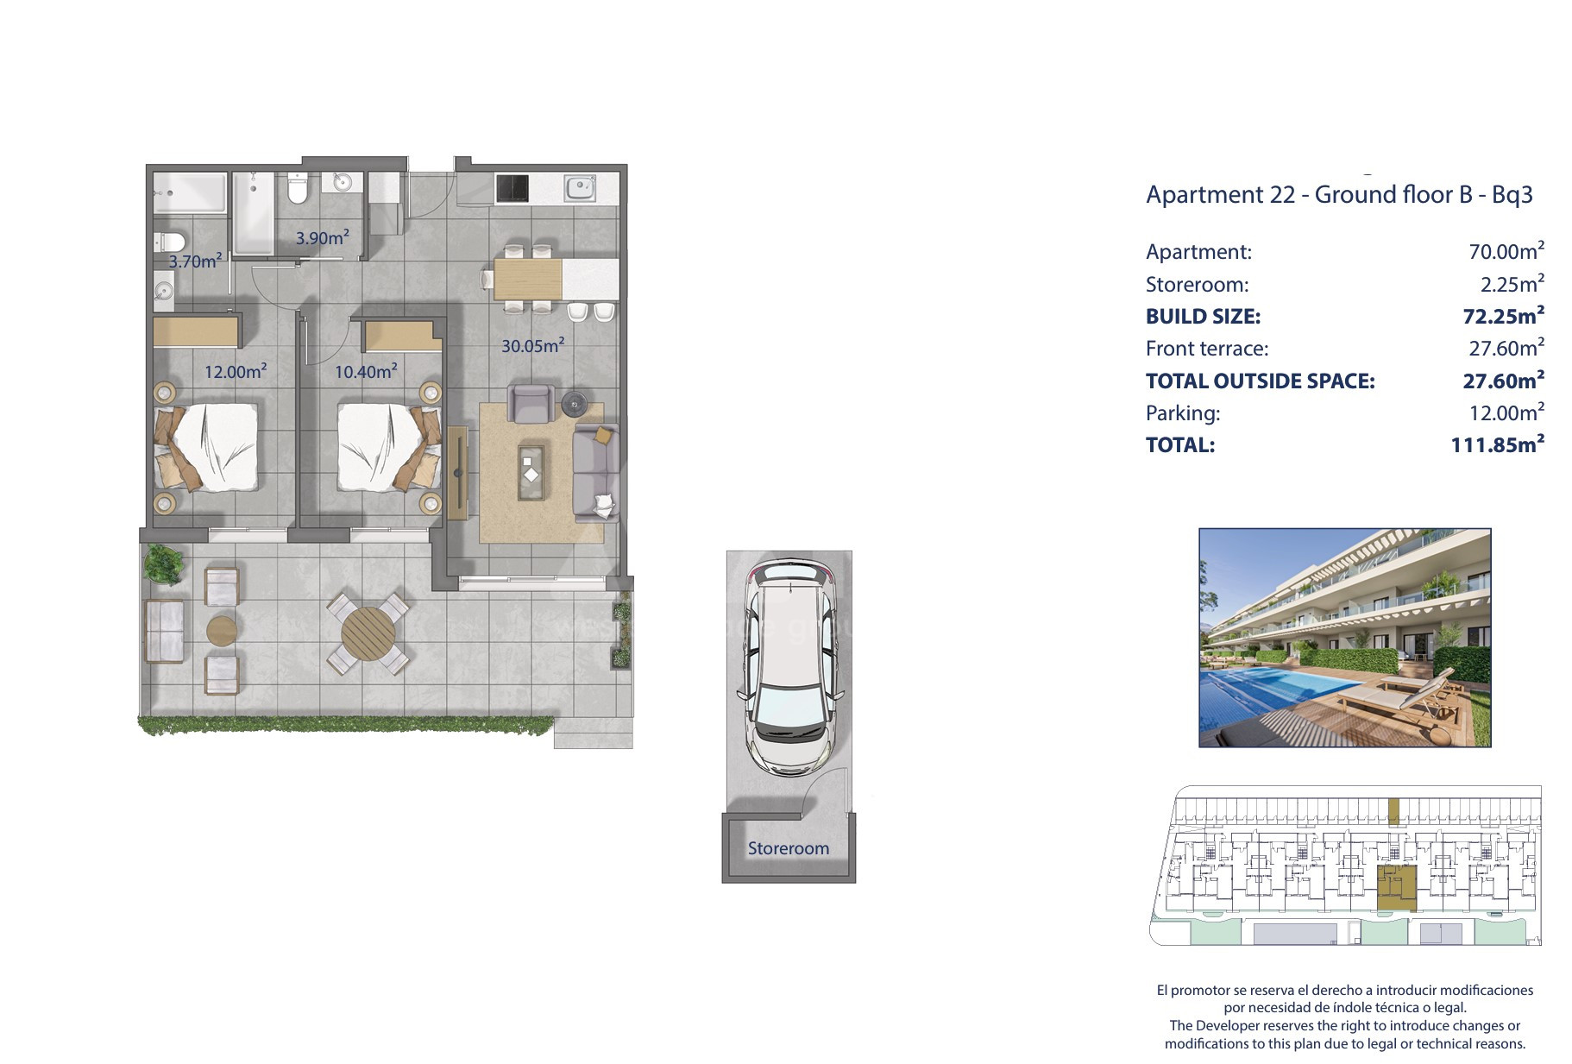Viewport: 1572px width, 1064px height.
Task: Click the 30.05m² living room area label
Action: click(532, 345)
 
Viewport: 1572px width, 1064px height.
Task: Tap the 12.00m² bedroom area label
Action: click(235, 371)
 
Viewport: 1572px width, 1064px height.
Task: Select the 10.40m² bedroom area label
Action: click(366, 370)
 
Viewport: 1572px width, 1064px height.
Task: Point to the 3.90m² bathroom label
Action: click(322, 237)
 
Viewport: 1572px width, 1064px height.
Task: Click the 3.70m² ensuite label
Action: click(195, 261)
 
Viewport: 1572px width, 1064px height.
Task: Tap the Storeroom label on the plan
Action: click(789, 848)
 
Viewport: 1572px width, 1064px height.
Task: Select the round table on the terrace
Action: click(368, 633)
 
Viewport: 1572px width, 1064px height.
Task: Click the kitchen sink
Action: click(580, 187)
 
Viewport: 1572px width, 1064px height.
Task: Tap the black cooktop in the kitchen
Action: click(512, 188)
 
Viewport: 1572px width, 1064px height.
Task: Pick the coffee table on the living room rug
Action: click(531, 472)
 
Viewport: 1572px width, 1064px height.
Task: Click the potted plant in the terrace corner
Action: click(163, 564)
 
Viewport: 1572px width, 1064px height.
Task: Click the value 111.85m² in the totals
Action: click(1498, 444)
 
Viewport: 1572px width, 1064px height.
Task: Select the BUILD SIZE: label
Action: click(1203, 317)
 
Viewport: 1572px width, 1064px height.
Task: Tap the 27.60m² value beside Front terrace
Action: click(1506, 348)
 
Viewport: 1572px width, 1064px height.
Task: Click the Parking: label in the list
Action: click(1183, 413)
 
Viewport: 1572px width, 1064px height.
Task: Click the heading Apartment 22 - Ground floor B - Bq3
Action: click(1339, 195)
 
